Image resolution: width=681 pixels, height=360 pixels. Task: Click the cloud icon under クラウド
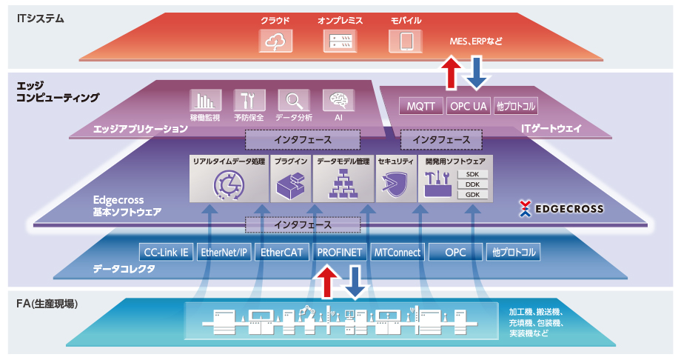(x=275, y=41)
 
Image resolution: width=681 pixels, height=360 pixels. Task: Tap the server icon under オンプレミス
(x=340, y=41)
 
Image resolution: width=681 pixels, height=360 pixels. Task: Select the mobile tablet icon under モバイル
(x=406, y=41)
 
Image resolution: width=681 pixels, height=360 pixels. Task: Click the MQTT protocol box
(x=421, y=106)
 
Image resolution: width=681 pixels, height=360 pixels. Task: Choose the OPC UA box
(x=468, y=106)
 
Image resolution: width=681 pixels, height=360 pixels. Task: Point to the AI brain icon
(x=338, y=101)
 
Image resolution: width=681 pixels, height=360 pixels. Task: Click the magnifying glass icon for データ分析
(x=294, y=101)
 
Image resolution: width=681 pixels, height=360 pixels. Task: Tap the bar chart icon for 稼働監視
(x=206, y=101)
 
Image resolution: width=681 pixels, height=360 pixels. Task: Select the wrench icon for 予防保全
(x=249, y=101)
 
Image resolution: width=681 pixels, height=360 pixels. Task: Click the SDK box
(x=472, y=174)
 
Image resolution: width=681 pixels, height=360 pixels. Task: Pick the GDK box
(x=472, y=195)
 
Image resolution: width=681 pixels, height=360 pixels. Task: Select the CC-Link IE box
(x=166, y=252)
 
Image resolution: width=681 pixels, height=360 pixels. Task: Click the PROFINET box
(x=339, y=252)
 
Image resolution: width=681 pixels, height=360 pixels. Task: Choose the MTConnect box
(x=397, y=252)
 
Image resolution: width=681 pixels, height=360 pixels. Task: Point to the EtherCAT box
(x=281, y=252)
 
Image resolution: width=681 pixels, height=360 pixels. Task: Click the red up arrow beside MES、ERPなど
(x=452, y=73)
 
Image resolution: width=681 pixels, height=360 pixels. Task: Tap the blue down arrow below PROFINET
(x=355, y=283)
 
